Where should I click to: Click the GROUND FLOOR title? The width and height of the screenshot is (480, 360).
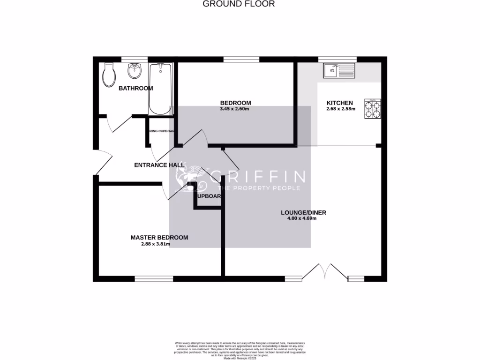click(x=239, y=4)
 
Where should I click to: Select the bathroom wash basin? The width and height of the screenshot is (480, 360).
click(x=135, y=72)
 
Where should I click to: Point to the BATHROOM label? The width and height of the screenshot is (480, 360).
click(x=135, y=88)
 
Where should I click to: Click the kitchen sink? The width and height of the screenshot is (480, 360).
click(x=339, y=71)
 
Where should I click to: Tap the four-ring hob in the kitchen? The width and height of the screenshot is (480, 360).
click(x=373, y=109)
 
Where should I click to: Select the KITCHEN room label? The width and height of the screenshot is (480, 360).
click(x=339, y=103)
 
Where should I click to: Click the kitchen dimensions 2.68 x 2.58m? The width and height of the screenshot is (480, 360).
click(x=341, y=109)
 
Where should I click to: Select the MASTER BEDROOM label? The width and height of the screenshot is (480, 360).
click(x=159, y=238)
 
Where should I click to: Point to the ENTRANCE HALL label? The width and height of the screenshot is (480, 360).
click(x=153, y=165)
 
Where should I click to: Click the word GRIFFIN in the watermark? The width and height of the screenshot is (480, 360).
click(x=258, y=177)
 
